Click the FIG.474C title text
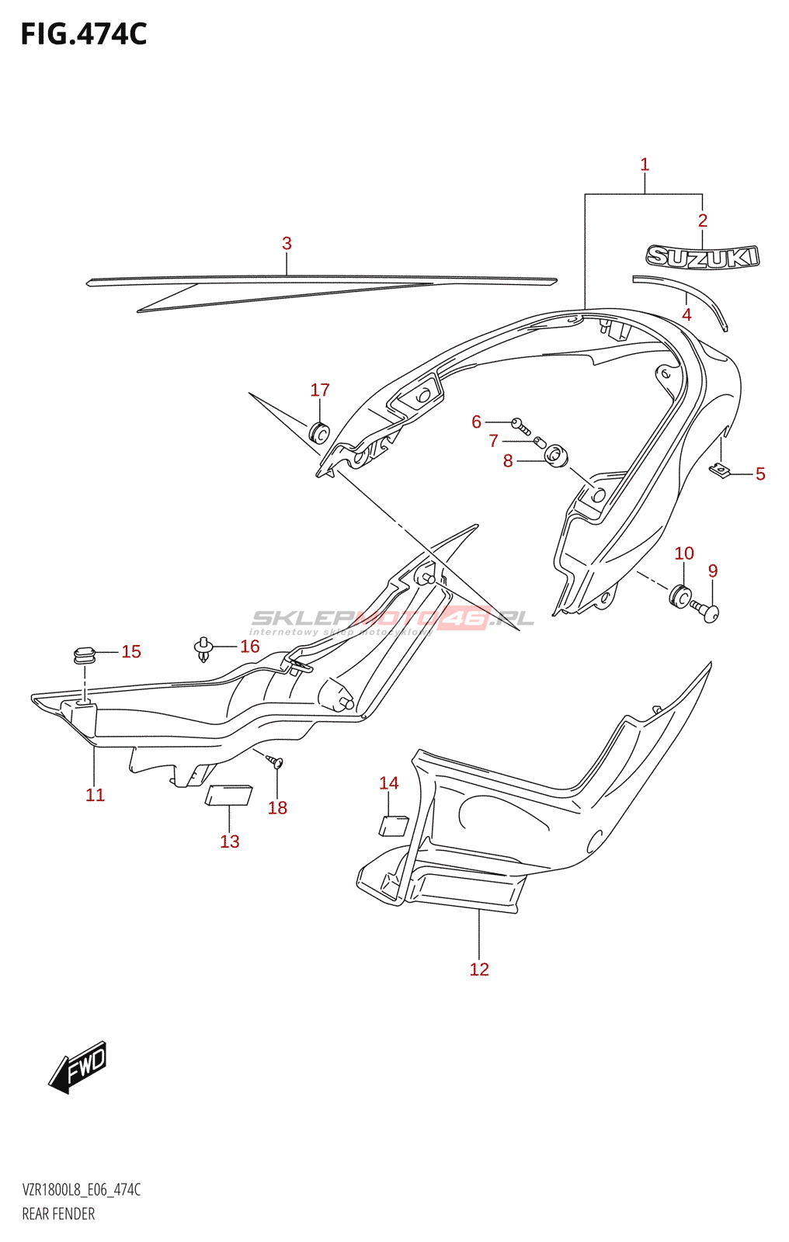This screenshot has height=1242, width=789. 84,34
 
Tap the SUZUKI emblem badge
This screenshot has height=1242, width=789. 703,257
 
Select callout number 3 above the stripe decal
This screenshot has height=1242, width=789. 287,244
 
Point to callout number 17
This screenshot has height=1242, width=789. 320,390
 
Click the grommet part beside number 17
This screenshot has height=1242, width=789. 319,432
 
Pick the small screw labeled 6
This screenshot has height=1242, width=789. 521,425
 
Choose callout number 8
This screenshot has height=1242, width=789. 508,461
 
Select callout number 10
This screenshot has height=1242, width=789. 683,553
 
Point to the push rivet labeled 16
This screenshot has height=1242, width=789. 203,648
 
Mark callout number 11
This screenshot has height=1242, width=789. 95,795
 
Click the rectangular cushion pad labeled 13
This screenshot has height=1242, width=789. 228,796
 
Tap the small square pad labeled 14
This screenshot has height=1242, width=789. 393,825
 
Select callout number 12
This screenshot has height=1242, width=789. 479,969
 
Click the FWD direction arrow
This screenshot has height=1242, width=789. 78,1067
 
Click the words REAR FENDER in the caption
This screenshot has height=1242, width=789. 58,1214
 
